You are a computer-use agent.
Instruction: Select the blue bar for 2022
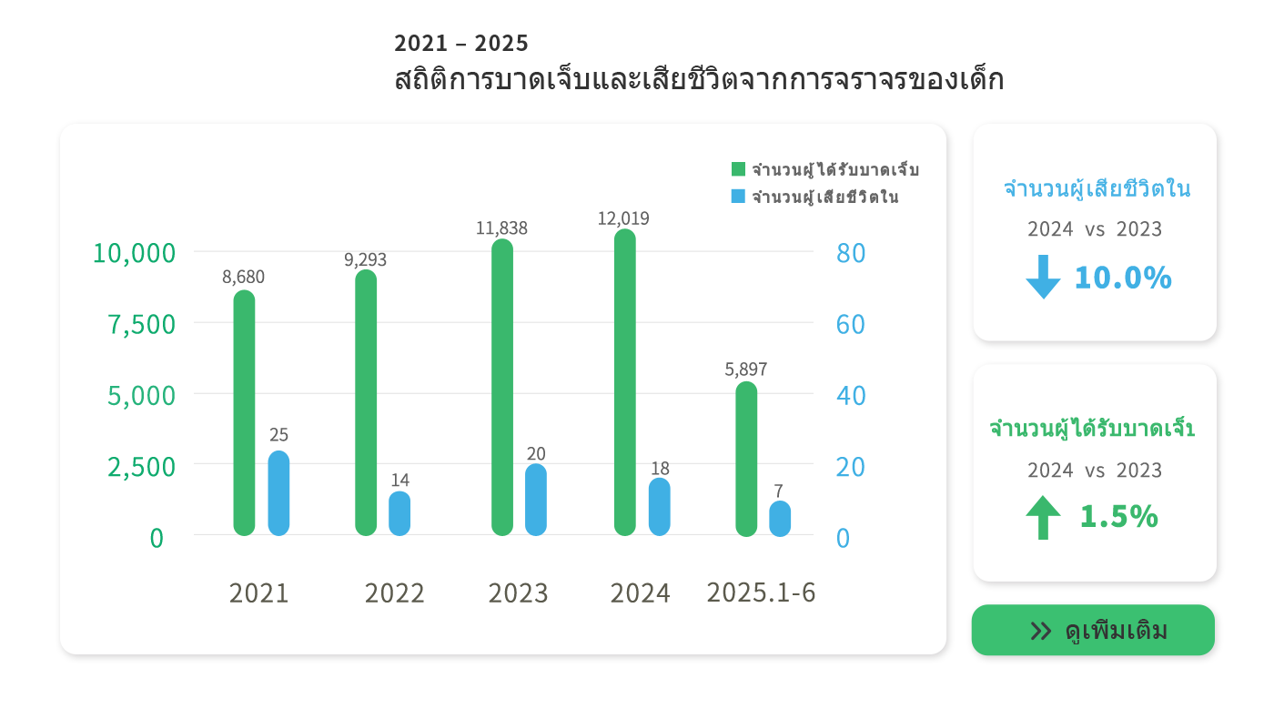click(399, 513)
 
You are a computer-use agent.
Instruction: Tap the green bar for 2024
click(625, 382)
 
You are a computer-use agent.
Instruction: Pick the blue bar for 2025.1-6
click(780, 519)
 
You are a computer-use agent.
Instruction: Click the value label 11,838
click(501, 228)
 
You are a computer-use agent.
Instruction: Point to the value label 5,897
click(746, 370)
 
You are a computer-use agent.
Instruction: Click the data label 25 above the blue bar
click(278, 435)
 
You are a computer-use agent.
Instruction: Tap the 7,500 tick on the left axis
click(142, 324)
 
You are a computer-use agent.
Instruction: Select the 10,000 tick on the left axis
click(134, 253)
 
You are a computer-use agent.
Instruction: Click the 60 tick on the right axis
click(850, 324)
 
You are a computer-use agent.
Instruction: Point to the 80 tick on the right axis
click(850, 253)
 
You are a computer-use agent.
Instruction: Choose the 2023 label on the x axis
click(518, 593)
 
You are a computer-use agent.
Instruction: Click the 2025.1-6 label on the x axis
click(761, 592)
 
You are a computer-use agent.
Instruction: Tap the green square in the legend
click(738, 169)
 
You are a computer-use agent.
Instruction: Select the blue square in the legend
click(738, 196)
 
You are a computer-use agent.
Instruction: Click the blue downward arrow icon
click(1043, 277)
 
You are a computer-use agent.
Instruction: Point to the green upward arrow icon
click(1043, 517)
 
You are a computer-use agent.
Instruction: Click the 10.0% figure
click(1123, 278)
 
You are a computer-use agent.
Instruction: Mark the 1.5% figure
click(1118, 517)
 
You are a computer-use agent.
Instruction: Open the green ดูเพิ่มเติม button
click(1093, 630)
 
